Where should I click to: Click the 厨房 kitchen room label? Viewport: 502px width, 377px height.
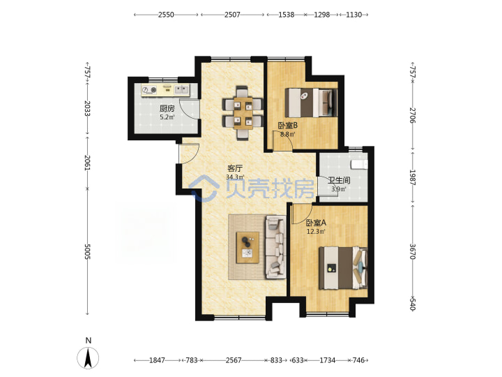167,109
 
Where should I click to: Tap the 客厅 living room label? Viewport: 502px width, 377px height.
235,168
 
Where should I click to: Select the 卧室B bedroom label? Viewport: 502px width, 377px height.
287,126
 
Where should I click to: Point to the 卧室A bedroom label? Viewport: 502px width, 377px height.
316,223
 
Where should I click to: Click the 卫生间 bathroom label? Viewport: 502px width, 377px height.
339,180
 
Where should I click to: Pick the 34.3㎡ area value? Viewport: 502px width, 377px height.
235,177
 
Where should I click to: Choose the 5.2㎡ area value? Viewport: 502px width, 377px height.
167,117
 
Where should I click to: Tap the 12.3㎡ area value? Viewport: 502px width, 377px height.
316,231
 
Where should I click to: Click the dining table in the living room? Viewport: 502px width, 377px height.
243,113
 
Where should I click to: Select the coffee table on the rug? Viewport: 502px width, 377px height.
248,247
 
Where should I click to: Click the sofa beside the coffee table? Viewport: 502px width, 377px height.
275,247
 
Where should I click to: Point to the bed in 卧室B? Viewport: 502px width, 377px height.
311,103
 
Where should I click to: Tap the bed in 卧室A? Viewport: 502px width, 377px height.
343,267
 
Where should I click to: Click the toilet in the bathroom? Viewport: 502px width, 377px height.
359,165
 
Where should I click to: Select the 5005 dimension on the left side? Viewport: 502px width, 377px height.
87,251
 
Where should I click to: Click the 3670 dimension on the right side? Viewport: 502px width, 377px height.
413,251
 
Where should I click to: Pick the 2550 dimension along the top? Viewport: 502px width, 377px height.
166,15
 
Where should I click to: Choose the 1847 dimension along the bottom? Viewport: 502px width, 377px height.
157,360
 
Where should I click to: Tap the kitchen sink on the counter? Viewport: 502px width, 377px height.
181,89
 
